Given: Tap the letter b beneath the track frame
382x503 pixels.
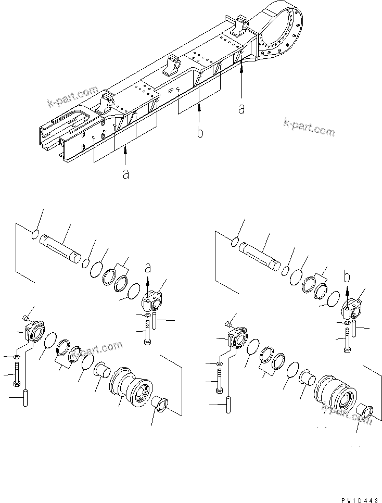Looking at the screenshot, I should point(200,133).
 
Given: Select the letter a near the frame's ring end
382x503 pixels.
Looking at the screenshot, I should point(241,108).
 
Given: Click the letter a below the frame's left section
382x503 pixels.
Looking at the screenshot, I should point(125,173).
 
